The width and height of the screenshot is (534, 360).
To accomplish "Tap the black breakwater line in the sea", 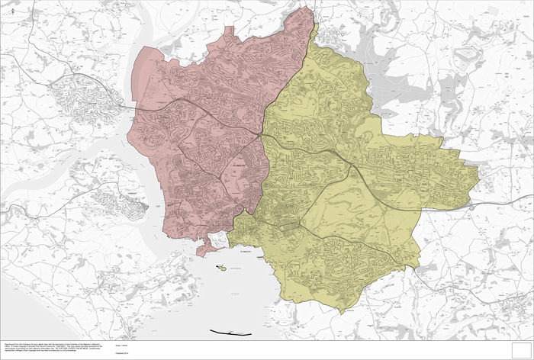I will click(x=230, y=333).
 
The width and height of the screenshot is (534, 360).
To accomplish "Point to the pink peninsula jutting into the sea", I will click(x=206, y=248).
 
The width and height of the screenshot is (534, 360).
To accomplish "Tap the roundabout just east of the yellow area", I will click(x=471, y=206).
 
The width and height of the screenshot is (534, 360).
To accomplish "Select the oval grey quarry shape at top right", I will click(x=465, y=55).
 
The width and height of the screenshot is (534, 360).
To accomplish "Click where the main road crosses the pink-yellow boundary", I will click(x=262, y=135).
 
